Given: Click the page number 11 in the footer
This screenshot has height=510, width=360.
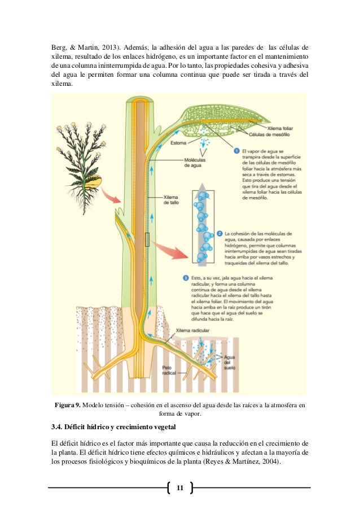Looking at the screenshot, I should [x=180, y=487].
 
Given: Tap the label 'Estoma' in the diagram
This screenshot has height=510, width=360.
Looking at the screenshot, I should [x=179, y=143].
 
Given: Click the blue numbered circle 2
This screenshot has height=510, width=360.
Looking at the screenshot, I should [x=218, y=233].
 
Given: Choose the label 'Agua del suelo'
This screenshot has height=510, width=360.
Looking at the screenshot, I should [x=229, y=362].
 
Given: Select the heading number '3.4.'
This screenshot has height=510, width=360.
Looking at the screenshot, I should [x=59, y=425].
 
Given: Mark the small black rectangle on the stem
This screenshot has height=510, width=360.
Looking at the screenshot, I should [x=147, y=240].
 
